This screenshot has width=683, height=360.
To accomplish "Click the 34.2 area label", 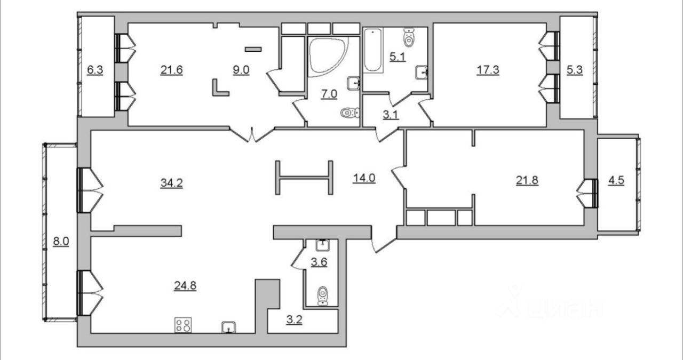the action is click(x=171, y=182).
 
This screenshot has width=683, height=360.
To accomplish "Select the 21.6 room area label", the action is click(x=172, y=70).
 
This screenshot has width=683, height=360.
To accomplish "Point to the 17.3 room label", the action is click(x=488, y=70).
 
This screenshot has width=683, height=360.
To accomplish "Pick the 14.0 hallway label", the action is click(x=364, y=179).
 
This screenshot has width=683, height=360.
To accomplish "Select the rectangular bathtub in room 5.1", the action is click(x=373, y=50).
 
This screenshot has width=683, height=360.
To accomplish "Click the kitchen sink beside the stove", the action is click(x=229, y=326).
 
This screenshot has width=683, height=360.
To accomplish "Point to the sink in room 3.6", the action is click(x=323, y=245).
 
